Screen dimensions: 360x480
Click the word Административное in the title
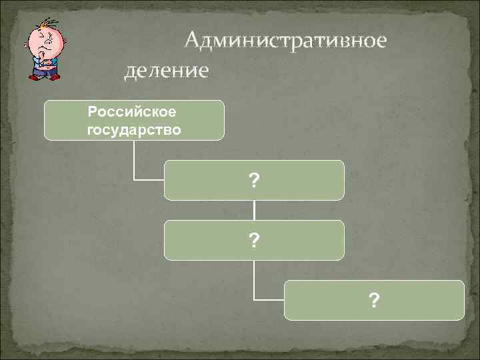point(285,41)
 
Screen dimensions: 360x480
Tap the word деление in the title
point(167,69)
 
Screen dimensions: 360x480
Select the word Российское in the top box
point(133,111)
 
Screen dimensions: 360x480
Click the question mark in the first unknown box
point(254,180)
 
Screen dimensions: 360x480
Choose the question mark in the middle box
point(254,240)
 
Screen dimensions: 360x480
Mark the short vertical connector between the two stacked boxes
point(254,210)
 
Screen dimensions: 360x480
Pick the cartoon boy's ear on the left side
point(27,45)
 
